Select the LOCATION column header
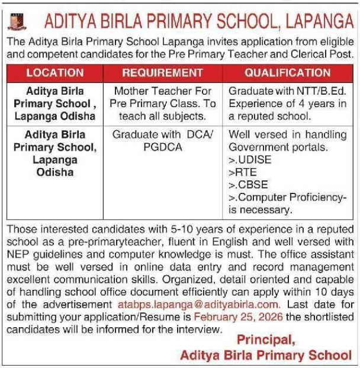[x=55, y=73]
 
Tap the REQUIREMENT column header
[x=162, y=73]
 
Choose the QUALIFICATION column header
[x=288, y=73]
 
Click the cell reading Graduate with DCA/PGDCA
[x=162, y=140]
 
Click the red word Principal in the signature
[x=266, y=340]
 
